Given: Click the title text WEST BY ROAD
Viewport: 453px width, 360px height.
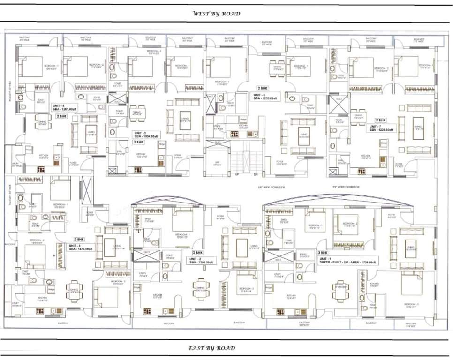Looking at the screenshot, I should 217,14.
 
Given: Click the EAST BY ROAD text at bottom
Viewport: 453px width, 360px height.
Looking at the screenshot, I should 211,348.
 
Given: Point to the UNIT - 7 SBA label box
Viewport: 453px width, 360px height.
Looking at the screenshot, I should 380,128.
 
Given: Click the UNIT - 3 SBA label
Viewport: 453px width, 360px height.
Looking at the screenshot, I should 81,247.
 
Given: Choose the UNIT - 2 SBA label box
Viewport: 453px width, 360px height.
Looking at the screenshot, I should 201,261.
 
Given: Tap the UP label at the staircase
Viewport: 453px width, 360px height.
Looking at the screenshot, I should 237,174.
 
